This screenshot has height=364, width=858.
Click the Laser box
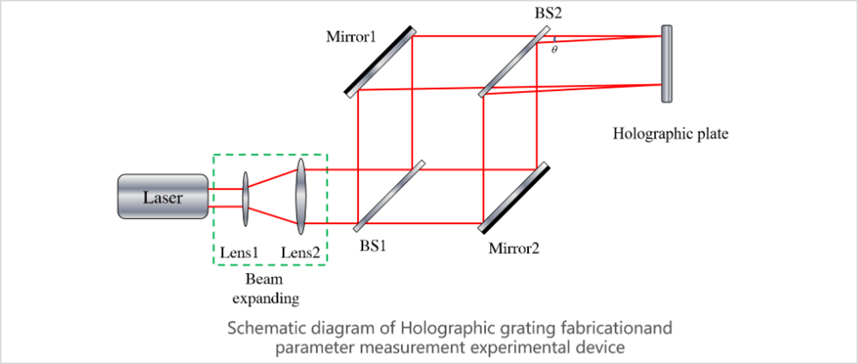pos(162,197)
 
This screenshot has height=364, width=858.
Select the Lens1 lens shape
pos(245,200)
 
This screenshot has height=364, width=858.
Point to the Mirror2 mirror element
pos(514,198)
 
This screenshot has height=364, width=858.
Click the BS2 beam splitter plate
pos(514,62)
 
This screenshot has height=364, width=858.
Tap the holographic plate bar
pos(667,64)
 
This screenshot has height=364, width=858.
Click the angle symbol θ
pos(555,50)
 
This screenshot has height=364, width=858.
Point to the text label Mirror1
pos(351,36)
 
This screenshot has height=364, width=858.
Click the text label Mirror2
pos(514,248)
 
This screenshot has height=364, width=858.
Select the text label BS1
pos(373,245)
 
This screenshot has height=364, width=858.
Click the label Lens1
pos(239,252)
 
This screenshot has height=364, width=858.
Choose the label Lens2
pos(301,252)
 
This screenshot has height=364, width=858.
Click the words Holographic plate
pos(670,133)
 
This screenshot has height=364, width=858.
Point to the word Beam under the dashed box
pos(264,279)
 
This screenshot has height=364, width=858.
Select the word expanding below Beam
pos(266,298)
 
